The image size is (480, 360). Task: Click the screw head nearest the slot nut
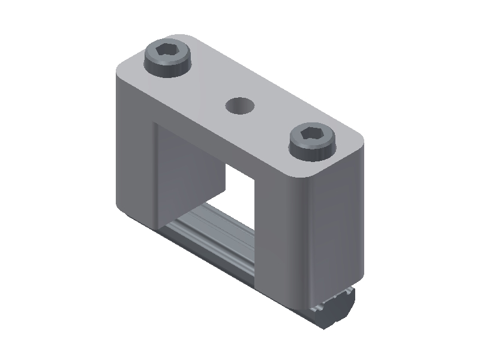tap(313, 140)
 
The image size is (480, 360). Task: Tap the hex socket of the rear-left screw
tap(167, 52)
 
